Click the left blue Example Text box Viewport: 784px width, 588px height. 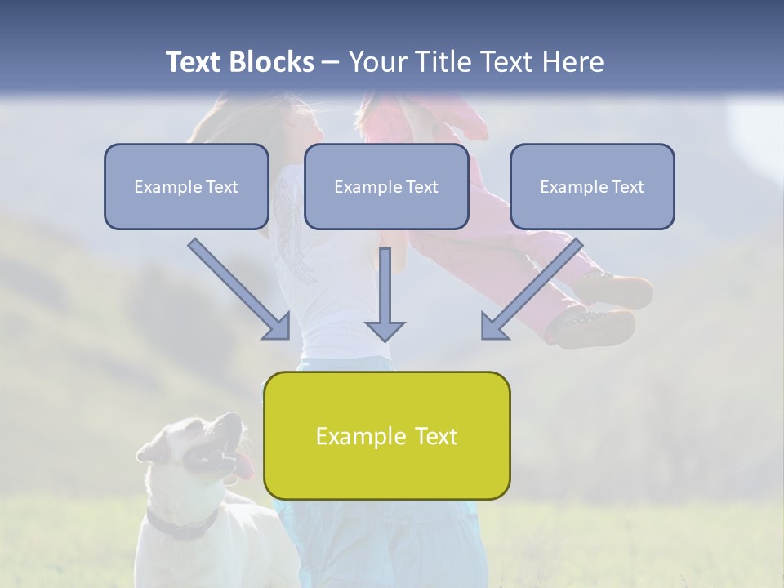click(186, 186)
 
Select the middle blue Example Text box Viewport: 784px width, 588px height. click(386, 186)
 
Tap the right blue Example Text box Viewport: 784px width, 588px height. click(592, 186)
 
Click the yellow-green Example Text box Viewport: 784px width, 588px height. click(386, 435)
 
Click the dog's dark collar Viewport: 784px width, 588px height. click(184, 527)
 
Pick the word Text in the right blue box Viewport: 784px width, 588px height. click(627, 186)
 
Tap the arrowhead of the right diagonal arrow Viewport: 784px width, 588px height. click(494, 325)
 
